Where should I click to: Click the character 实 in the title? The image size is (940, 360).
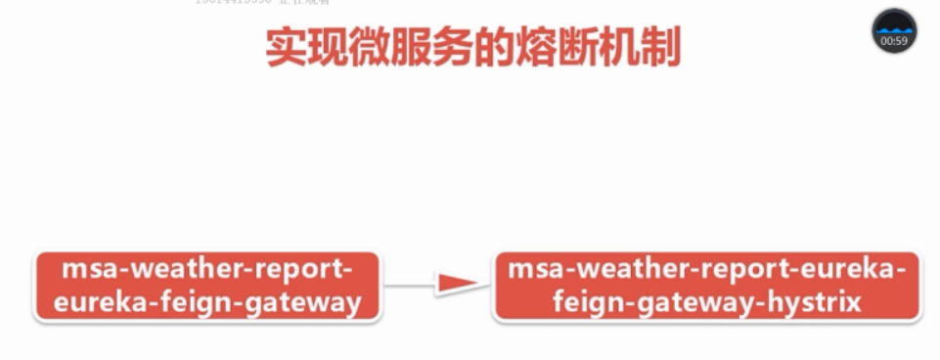coord(289,48)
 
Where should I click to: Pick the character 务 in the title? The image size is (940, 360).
coord(472,48)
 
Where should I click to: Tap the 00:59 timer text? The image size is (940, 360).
coord(894,41)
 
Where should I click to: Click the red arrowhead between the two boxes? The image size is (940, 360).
coord(457,285)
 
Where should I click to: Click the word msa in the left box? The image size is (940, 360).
coord(85,268)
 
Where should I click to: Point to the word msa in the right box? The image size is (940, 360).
coord(531,268)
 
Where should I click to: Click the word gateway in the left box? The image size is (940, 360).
coord(298,302)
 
